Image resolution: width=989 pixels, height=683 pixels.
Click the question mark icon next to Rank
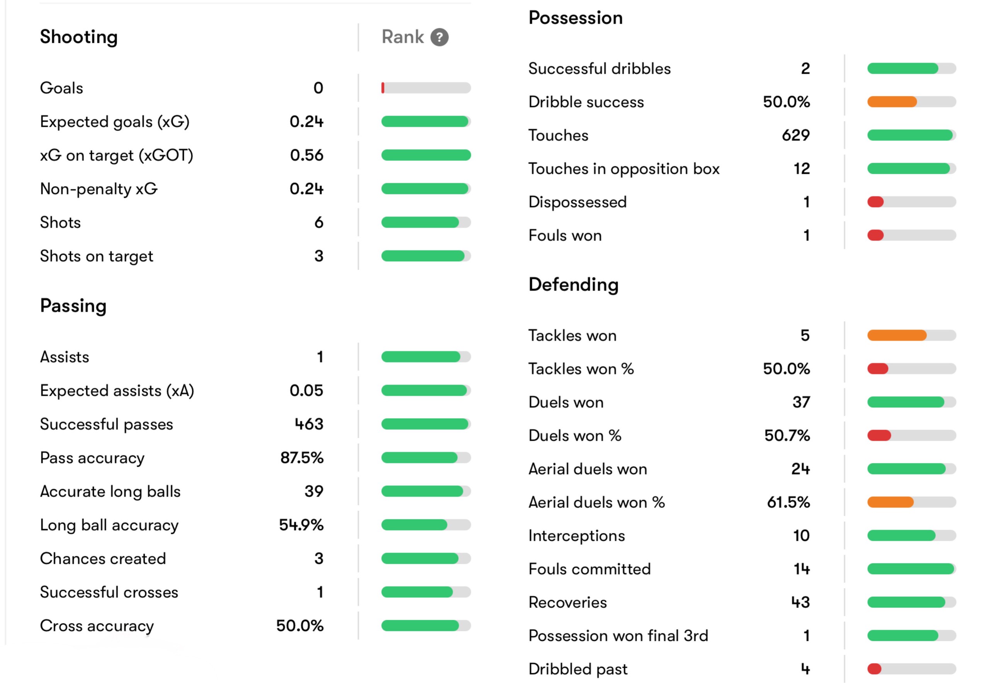[x=439, y=37]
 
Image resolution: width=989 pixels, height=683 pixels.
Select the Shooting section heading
[x=79, y=37]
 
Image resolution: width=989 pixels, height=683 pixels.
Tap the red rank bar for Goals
[x=383, y=88]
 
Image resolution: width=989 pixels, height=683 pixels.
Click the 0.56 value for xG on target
[x=306, y=155]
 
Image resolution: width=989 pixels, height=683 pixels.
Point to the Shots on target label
[x=96, y=256]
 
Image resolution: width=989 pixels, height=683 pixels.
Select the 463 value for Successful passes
[x=309, y=424]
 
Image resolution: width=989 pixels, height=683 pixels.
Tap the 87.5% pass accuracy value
[x=302, y=458]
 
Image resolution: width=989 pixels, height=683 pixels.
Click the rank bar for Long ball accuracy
[x=426, y=525]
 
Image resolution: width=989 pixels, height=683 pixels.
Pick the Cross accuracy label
[x=97, y=626]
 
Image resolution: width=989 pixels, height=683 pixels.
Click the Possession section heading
[x=575, y=18]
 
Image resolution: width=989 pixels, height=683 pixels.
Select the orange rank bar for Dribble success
[x=892, y=102]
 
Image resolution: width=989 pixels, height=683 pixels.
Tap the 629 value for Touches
[x=796, y=135]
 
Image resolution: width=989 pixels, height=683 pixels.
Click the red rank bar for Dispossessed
[x=875, y=202]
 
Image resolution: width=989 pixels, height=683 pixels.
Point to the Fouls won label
[x=565, y=235]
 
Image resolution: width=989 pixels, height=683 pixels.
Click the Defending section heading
[x=573, y=284]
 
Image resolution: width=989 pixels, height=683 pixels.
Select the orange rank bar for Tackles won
[x=897, y=335]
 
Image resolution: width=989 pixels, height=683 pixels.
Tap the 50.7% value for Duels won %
[x=787, y=436]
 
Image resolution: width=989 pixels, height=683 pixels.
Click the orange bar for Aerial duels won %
[x=890, y=502]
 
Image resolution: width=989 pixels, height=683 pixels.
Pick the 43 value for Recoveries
[x=800, y=602]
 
